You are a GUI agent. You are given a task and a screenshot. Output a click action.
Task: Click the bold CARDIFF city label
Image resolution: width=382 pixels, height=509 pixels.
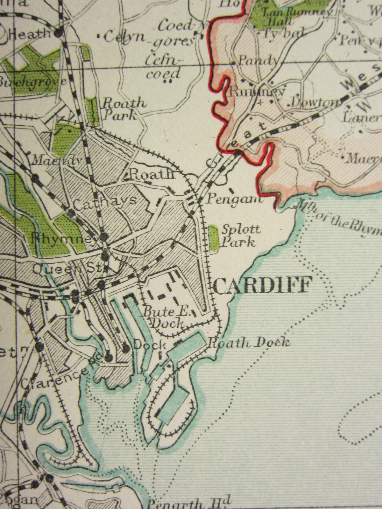tap(262, 285)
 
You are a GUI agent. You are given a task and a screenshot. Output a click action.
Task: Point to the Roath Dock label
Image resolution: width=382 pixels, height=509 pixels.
tap(249, 343)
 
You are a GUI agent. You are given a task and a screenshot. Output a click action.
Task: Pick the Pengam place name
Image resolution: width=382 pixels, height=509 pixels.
tap(235, 200)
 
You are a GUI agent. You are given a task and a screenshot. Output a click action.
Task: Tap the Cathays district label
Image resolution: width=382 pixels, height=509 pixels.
tap(105, 200)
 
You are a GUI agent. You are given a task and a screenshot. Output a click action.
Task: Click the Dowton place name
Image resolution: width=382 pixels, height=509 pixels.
tap(315, 102)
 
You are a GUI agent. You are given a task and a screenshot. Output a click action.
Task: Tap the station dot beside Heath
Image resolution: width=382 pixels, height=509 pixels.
tap(59, 33)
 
